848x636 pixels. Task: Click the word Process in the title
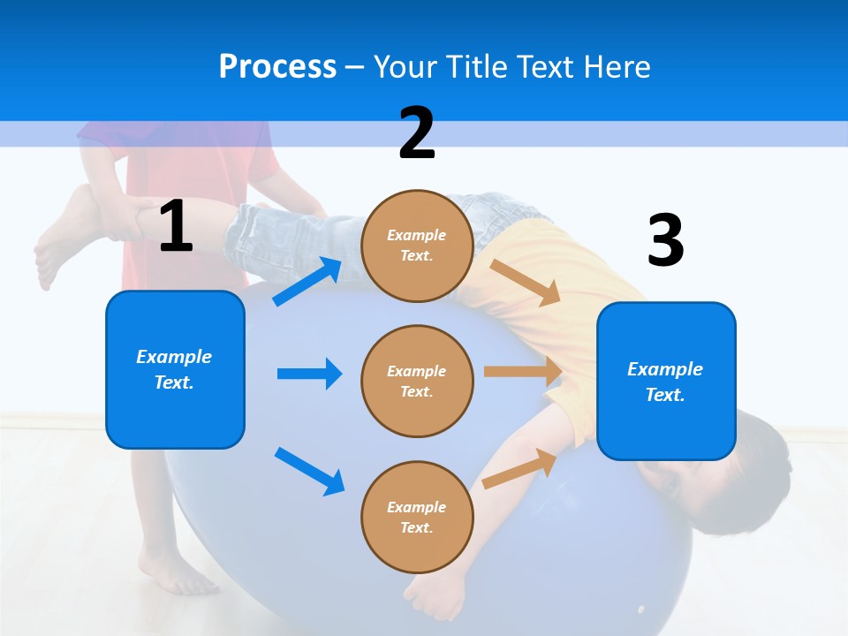(x=277, y=66)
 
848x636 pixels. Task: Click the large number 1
(x=176, y=226)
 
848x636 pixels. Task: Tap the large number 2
(x=417, y=132)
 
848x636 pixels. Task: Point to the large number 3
(x=665, y=240)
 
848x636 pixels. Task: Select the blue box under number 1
(x=175, y=369)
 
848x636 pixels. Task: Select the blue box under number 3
(x=666, y=381)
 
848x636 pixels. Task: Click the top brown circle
(x=417, y=246)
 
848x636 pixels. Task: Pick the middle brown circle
(x=417, y=381)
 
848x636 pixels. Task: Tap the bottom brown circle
(x=417, y=517)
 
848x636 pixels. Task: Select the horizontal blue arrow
(x=309, y=374)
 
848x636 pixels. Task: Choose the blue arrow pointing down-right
(x=309, y=471)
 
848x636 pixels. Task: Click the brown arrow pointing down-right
(x=526, y=282)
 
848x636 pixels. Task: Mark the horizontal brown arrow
(x=523, y=372)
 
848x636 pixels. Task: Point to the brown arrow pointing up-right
(x=520, y=467)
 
